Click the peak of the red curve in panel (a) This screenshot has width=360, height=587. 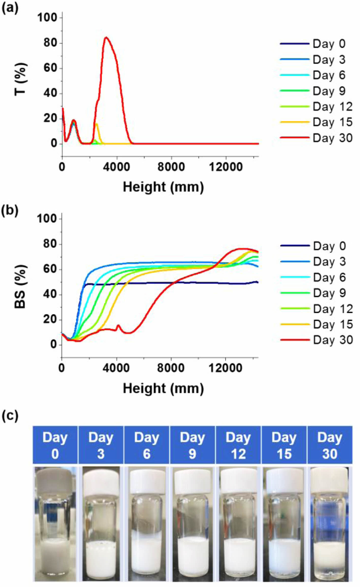(x=106, y=38)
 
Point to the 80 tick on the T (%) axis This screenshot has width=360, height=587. (x=50, y=43)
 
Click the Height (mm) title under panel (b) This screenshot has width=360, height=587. (x=163, y=388)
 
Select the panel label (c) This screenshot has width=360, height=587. (x=10, y=416)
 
